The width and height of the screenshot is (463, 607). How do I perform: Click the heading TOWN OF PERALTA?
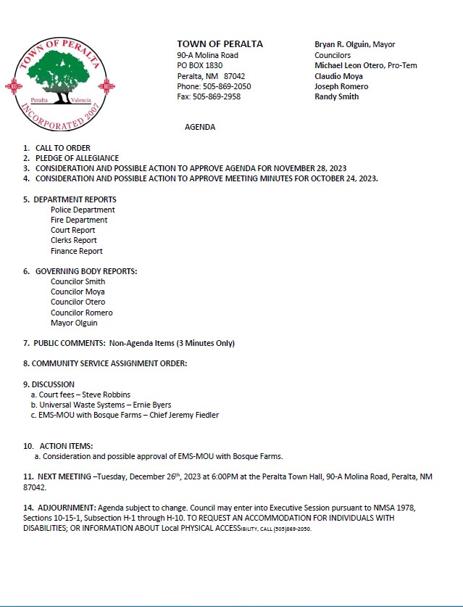point(220,44)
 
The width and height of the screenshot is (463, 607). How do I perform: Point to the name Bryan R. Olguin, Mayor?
point(354,45)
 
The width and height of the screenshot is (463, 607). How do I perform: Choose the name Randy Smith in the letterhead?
point(336,96)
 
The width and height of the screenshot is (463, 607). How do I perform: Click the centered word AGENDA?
point(200,127)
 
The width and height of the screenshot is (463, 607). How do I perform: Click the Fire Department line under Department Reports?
point(79,220)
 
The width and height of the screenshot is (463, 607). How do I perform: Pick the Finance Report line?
point(77,251)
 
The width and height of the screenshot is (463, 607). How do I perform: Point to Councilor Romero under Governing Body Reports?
point(81,313)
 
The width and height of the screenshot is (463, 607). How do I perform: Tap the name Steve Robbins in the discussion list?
point(107,395)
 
